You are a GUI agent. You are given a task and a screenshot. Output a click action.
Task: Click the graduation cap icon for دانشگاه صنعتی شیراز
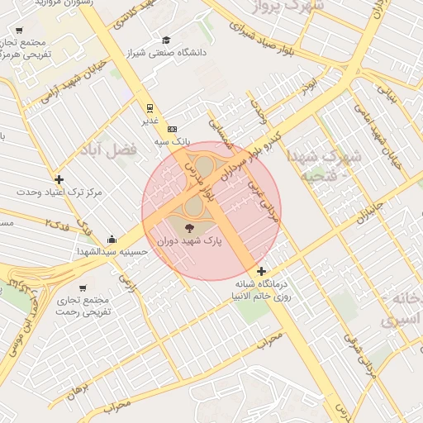pyautogui.click(x=166, y=40)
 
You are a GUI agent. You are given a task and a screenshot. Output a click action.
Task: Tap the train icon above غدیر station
pyautogui.click(x=150, y=107)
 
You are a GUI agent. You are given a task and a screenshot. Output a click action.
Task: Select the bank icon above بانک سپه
pyautogui.click(x=172, y=129)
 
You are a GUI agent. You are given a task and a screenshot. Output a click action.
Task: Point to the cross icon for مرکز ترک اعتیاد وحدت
pyautogui.click(x=59, y=179)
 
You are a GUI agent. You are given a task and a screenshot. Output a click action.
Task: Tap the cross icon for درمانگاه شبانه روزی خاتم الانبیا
pyautogui.click(x=262, y=272)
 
